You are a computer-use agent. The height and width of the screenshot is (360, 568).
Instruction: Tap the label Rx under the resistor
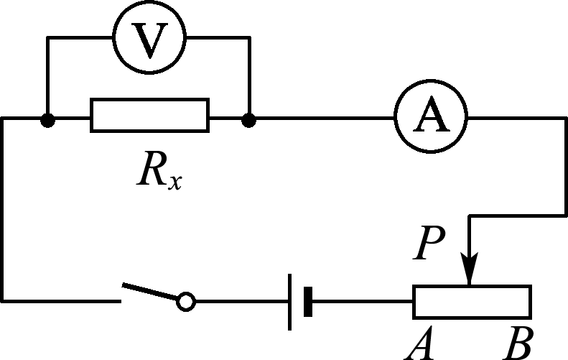click(159, 170)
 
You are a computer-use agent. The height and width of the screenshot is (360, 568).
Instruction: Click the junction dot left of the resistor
click(47, 120)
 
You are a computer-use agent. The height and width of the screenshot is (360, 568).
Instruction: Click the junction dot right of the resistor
click(248, 120)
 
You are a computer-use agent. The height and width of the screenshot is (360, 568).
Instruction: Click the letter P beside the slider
click(429, 243)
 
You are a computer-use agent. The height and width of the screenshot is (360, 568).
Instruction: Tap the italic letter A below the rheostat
click(419, 343)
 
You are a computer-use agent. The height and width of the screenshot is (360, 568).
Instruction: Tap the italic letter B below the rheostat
click(518, 343)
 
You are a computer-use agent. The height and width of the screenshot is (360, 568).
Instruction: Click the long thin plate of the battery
click(289, 302)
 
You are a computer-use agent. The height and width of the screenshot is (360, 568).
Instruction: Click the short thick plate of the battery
click(308, 302)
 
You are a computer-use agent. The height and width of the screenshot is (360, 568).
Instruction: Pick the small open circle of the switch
click(186, 302)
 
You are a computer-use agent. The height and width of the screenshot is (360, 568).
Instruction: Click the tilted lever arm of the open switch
click(150, 292)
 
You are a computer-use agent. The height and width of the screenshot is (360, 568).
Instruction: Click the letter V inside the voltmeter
click(149, 40)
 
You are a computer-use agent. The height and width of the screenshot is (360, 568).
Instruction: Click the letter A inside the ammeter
click(431, 114)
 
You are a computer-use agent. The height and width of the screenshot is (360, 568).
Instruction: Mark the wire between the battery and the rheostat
click(363, 301)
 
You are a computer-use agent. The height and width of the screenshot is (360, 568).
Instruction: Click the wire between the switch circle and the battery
click(242, 301)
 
